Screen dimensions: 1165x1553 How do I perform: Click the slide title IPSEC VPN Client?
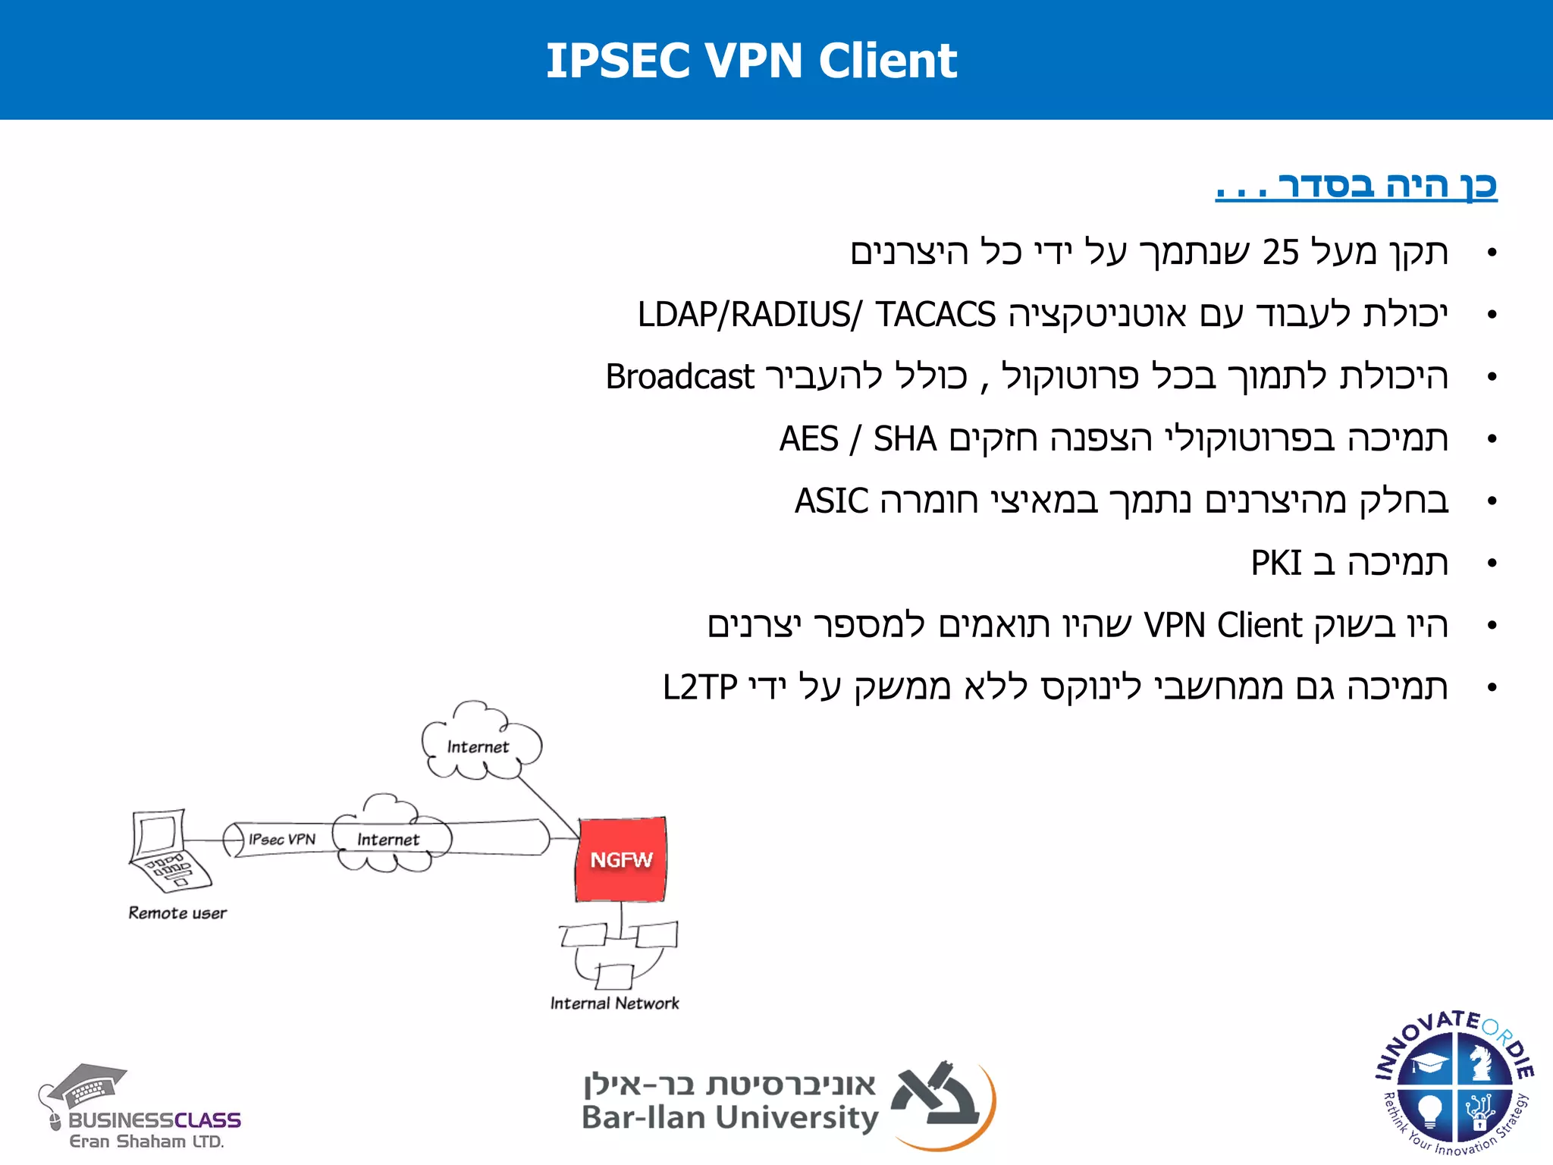751,61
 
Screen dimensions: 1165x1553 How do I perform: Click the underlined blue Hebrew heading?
1356,186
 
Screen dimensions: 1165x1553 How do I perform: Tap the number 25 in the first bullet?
1280,253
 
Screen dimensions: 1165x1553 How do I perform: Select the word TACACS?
935,315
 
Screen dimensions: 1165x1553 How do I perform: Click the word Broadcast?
679,377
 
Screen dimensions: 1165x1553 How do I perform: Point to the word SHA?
905,439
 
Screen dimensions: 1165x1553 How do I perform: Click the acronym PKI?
1275,564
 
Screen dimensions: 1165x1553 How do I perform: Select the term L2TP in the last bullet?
699,688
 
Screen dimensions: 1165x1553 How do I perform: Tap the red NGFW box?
621,859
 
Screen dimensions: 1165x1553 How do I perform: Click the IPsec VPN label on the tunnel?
282,840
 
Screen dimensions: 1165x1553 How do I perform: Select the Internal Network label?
614,1003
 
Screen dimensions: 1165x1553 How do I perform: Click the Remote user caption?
177,913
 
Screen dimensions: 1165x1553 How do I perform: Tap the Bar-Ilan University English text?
729,1118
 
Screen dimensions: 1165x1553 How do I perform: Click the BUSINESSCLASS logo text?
155,1120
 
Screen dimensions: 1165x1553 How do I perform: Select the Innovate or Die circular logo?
1454,1084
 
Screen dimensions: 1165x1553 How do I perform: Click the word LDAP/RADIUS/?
749,315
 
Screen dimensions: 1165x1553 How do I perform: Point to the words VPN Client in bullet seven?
1222,626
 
